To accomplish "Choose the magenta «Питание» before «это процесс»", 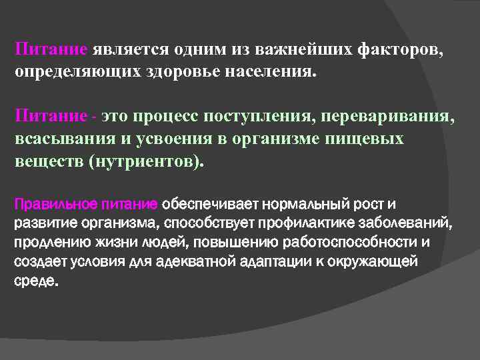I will (x=51, y=117).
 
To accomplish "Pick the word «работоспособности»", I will (x=357, y=241).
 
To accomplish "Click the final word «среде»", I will (x=35, y=280).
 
